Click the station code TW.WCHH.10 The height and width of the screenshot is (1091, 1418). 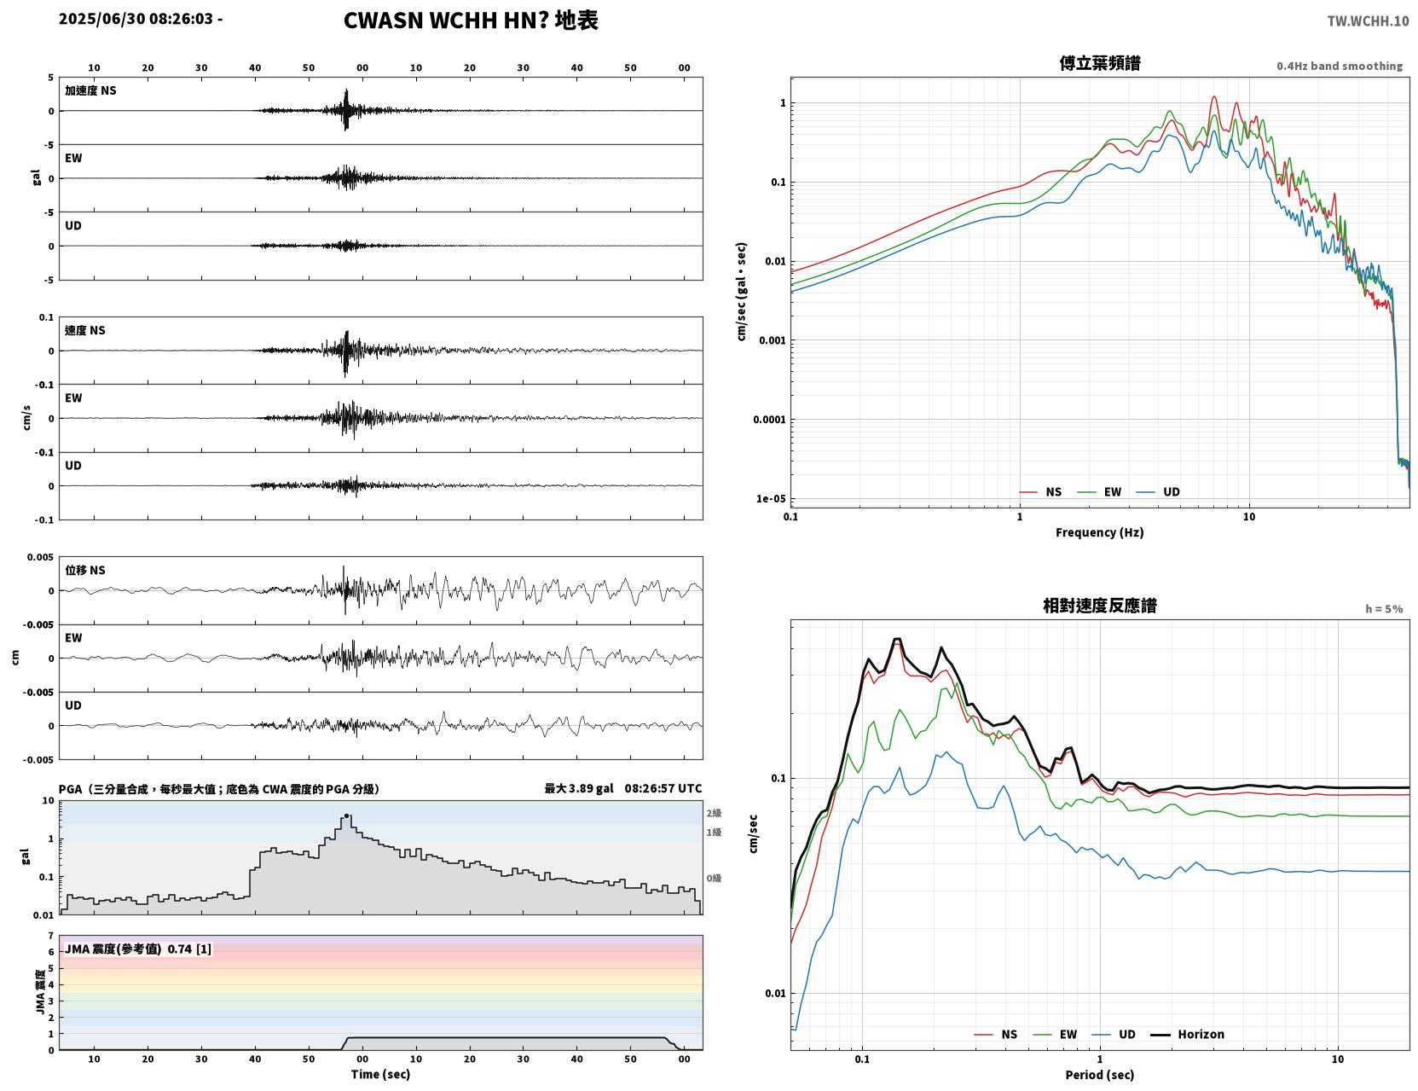1367,20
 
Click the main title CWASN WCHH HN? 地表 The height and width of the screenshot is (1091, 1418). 470,20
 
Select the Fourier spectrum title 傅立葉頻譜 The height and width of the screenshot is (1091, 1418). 1099,63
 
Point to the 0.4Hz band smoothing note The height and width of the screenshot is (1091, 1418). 1339,66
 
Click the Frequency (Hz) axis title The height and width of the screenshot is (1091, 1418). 1099,532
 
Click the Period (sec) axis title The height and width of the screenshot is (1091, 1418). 1099,1075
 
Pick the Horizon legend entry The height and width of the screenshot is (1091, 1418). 1187,1034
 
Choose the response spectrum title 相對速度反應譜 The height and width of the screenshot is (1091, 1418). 1099,606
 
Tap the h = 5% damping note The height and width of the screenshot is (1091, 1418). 1383,609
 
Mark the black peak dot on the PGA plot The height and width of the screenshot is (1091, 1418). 346,815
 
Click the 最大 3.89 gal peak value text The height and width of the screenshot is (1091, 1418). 579,788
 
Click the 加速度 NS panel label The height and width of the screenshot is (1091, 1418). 90,90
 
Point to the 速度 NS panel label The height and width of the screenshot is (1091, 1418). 84,330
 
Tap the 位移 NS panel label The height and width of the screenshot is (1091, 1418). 84,570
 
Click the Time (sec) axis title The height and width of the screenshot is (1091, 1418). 380,1074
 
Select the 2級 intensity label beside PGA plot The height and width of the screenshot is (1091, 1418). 714,813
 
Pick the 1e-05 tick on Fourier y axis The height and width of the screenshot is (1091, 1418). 771,499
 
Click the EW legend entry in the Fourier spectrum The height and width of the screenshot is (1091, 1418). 1100,492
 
